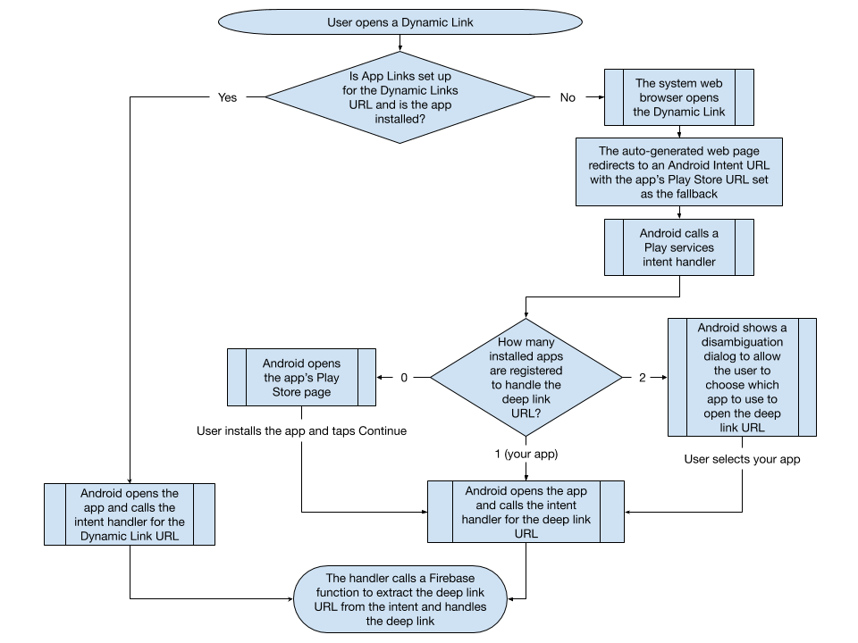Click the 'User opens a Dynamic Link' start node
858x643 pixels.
(x=400, y=22)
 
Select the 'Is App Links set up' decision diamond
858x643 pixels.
(x=400, y=97)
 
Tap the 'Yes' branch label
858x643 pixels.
(x=228, y=97)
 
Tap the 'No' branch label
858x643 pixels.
(x=568, y=97)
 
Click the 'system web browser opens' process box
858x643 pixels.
(x=678, y=97)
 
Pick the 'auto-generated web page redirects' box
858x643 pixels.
(x=678, y=172)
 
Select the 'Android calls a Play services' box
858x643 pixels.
(x=678, y=247)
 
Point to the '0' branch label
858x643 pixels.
(x=403, y=377)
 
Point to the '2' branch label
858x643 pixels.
(x=642, y=377)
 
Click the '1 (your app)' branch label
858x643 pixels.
(x=526, y=454)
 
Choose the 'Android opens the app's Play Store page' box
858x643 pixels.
(x=302, y=378)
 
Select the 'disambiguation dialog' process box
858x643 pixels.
(x=742, y=377)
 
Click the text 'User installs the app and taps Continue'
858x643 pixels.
(x=301, y=431)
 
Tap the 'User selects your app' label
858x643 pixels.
(x=742, y=459)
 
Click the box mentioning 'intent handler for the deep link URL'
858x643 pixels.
(x=526, y=512)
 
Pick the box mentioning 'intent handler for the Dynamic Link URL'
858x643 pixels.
(x=130, y=514)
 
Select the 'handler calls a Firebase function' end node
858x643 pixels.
(x=400, y=599)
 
